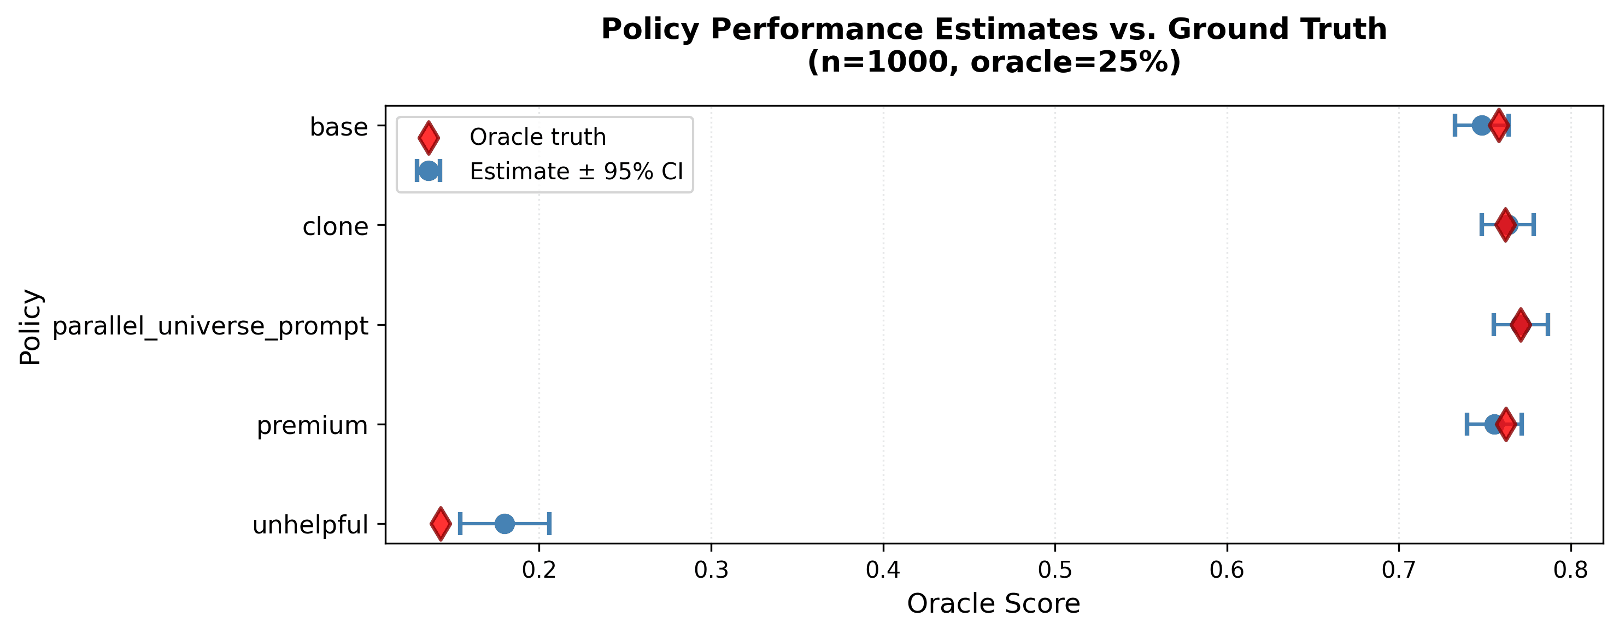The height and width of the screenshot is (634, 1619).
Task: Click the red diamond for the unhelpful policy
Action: coord(441,524)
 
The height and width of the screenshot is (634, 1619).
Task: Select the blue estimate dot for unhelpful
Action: coord(505,524)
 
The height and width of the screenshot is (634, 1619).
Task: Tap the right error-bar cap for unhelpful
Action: coord(550,524)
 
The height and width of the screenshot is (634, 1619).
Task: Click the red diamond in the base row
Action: coord(1499,126)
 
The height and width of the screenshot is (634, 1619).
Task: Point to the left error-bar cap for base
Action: coord(1454,126)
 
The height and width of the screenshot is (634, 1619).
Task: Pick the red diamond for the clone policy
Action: coord(1505,225)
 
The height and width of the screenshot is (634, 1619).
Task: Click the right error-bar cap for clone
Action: coord(1534,225)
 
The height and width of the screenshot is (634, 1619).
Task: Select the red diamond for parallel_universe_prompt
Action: coord(1520,325)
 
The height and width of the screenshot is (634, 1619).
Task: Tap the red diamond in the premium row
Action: coord(1506,424)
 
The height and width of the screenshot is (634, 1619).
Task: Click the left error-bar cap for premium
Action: coord(1467,424)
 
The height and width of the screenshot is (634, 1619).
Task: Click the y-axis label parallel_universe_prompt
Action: coord(210,326)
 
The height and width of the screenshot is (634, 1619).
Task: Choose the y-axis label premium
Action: coord(312,425)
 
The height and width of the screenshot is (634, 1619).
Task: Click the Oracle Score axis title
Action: coord(993,604)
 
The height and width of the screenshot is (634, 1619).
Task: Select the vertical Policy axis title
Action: coord(30,326)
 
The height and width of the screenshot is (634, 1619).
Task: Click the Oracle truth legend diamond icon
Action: coord(429,138)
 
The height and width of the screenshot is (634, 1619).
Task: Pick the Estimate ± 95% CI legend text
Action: coord(576,171)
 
